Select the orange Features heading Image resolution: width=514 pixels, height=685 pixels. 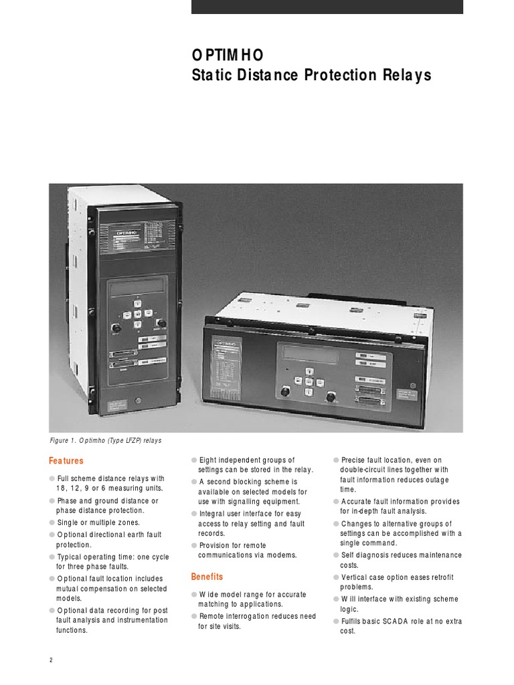pos(66,461)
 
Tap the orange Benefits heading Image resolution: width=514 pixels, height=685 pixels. pos(207,577)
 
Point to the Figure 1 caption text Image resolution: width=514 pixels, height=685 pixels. pos(105,441)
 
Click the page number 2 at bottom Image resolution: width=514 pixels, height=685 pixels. pos(51,660)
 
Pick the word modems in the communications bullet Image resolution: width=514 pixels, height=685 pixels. pos(283,555)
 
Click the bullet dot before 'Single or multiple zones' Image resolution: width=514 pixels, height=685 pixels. pos(52,522)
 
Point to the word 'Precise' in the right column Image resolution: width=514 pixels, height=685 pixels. pos(355,460)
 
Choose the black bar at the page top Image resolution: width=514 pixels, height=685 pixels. pos(327,7)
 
